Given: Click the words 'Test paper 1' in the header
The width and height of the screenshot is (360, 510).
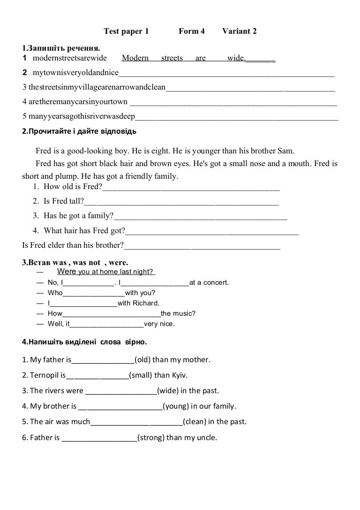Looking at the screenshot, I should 126,31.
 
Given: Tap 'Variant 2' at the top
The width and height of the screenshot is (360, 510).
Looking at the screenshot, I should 239,31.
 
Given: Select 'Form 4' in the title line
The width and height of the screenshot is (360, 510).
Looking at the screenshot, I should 192,31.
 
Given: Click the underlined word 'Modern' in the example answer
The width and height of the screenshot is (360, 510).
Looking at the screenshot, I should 135,58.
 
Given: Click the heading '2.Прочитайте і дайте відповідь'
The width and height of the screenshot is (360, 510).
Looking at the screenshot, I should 79,131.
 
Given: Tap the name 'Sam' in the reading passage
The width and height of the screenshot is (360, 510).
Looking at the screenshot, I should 286,151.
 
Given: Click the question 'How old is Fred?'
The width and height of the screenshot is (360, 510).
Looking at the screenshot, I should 73,187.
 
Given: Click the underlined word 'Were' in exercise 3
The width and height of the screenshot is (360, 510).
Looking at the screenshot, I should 67,272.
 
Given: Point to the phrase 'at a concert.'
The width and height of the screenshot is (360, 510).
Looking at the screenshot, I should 209,282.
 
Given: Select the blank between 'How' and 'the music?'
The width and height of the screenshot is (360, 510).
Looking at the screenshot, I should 111,314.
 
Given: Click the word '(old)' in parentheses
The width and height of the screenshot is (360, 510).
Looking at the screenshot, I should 142,360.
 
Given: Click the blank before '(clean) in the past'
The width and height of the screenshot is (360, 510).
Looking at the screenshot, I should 136,422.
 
